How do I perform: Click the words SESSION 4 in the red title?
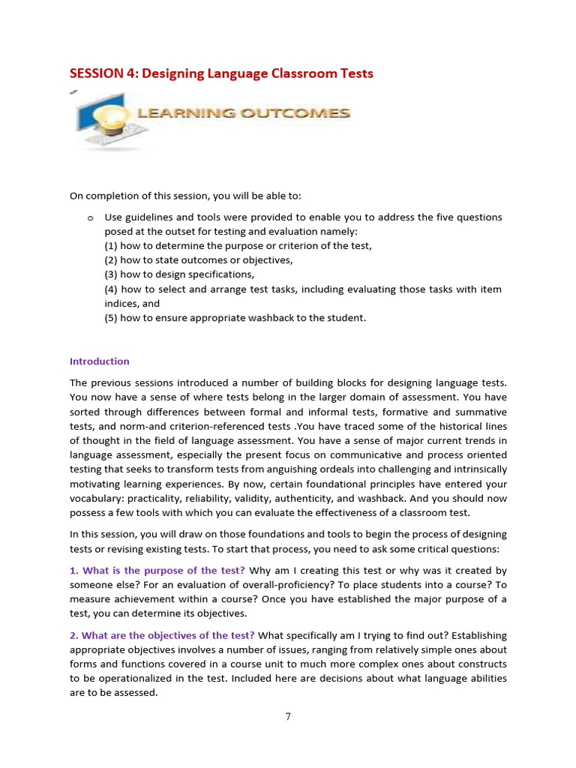tap(103, 73)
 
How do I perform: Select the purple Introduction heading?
tap(99, 361)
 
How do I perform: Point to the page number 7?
tap(288, 716)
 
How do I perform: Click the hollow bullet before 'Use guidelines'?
tap(89, 217)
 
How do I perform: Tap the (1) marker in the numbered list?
tap(111, 246)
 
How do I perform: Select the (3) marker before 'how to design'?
tap(111, 274)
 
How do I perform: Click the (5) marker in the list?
tap(111, 317)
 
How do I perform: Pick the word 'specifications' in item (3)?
tap(215, 274)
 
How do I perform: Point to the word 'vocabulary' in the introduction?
tap(96, 498)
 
